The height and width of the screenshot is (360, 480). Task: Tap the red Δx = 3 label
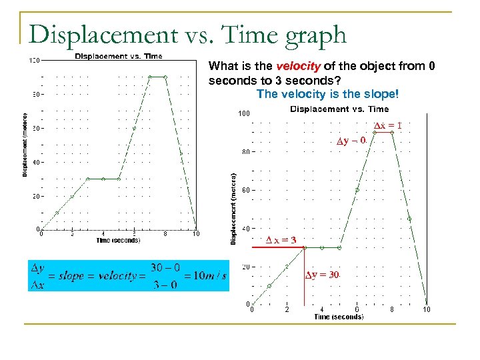coord(281,239)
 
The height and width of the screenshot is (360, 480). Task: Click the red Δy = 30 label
coord(323,275)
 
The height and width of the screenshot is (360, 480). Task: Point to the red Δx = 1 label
coord(387,125)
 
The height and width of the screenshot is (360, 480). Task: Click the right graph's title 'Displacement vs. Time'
coord(339,109)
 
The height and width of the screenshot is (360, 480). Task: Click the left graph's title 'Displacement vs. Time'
coord(118,56)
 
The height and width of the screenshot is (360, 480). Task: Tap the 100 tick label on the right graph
coord(244,113)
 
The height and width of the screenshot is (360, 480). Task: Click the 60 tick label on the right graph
coord(245,191)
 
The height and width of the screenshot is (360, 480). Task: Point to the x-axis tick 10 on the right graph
coord(427,309)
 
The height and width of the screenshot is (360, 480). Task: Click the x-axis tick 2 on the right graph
coord(287,309)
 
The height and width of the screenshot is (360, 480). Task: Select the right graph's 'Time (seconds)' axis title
coord(339,317)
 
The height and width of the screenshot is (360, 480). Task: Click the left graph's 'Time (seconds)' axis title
coord(118,240)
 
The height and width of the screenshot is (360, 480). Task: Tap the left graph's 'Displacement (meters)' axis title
coord(25,144)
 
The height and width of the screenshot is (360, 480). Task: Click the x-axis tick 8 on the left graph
coord(165,233)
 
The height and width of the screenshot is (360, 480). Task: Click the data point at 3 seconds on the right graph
coord(305,247)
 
